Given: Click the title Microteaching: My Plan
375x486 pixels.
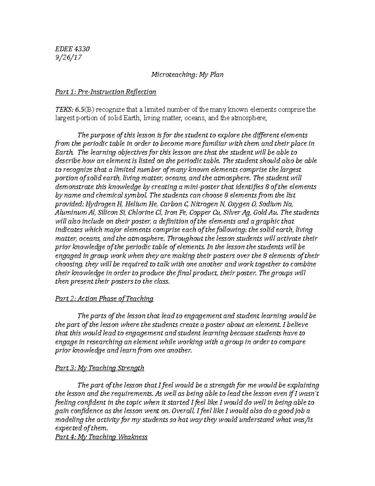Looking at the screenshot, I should (187, 75).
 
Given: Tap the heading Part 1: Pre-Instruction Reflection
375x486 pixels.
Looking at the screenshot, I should (105, 92).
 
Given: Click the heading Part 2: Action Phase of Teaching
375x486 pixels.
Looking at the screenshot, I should (104, 299).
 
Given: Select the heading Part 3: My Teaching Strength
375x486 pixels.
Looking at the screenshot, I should (99, 368).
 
